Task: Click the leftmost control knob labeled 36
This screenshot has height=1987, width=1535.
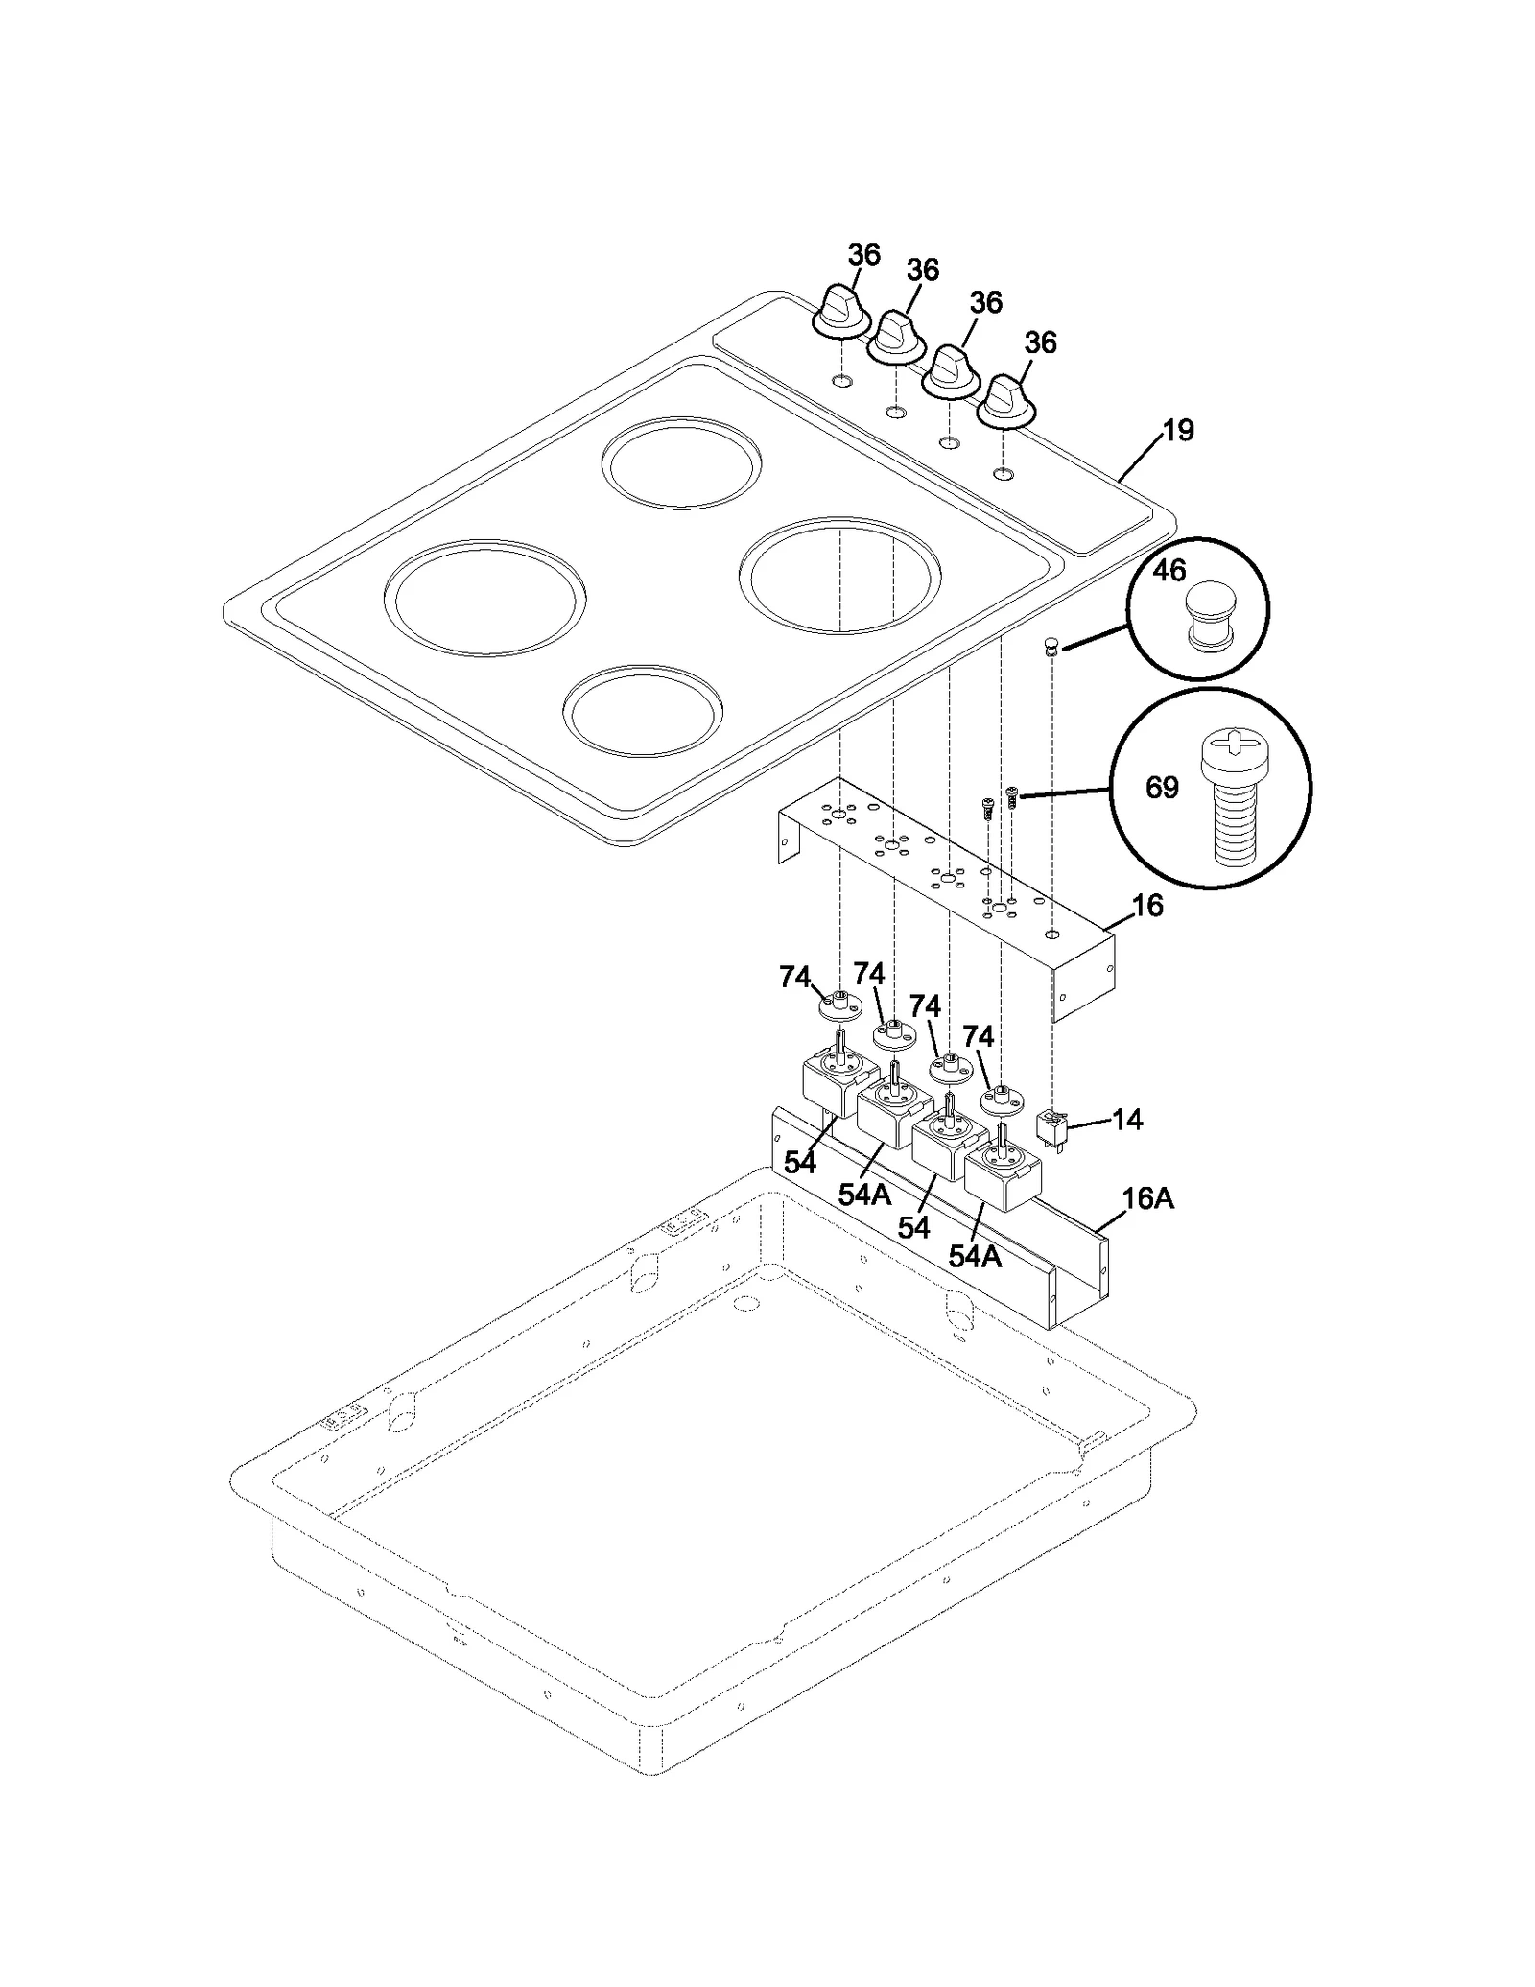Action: click(x=840, y=313)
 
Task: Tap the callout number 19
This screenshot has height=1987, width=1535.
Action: click(x=1178, y=431)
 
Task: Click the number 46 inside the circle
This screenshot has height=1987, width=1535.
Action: click(x=1169, y=571)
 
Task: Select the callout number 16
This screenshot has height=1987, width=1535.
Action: click(x=1147, y=905)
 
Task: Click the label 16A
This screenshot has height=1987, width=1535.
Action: click(x=1147, y=1198)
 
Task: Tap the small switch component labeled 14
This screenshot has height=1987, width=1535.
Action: click(x=1052, y=1127)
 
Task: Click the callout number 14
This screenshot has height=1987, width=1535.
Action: click(x=1127, y=1119)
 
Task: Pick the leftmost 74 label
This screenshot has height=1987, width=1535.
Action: click(x=795, y=977)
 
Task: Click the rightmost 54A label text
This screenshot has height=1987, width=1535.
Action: click(x=975, y=1256)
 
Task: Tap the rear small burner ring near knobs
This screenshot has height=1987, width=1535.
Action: click(x=682, y=462)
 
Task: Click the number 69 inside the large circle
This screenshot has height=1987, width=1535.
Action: click(x=1162, y=788)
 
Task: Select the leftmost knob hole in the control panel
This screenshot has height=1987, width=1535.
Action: click(x=840, y=382)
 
